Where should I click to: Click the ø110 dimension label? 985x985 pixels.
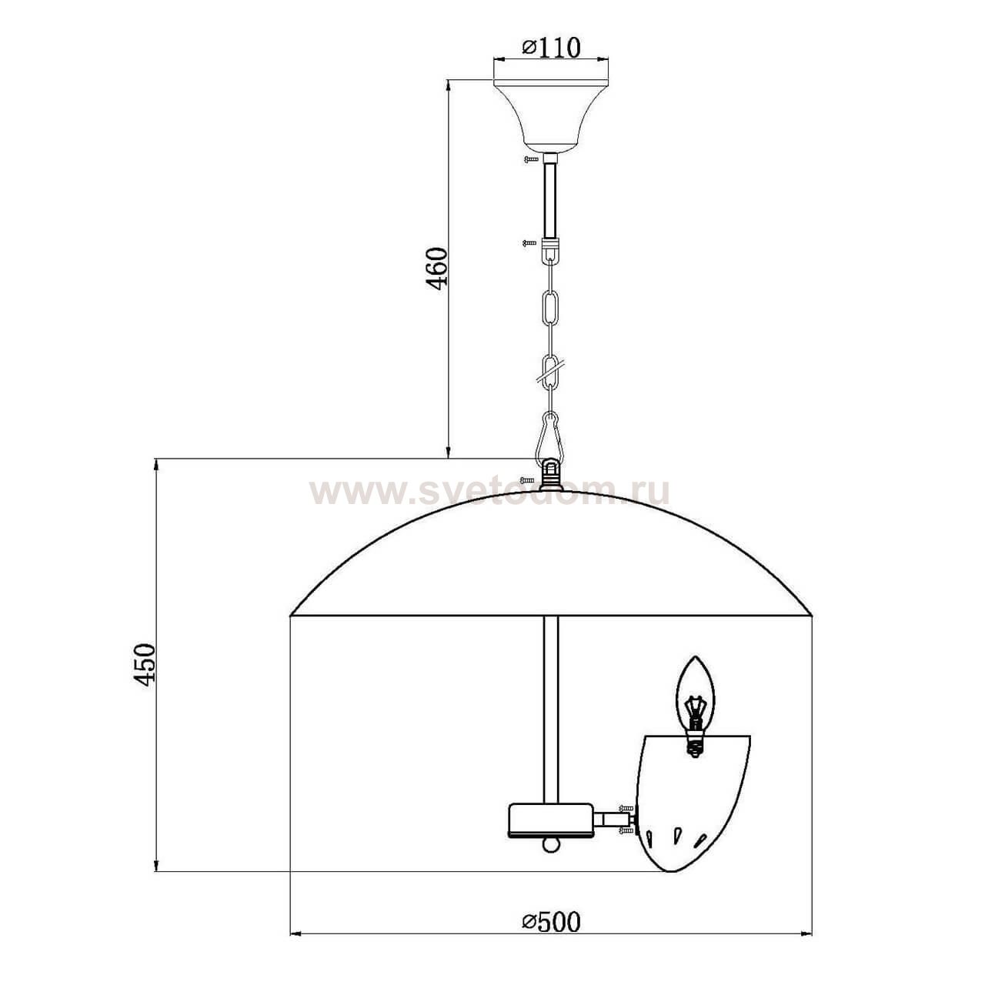tap(551, 48)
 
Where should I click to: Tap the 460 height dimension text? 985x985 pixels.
tap(438, 269)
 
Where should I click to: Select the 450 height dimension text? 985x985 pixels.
tap(144, 665)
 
